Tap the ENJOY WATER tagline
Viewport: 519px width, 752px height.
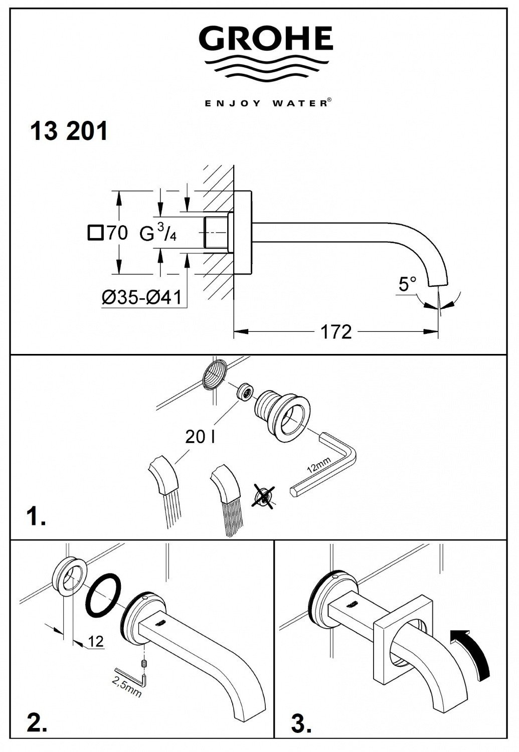(266, 103)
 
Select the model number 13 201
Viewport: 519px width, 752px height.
(69, 132)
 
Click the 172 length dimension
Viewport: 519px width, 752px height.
(336, 331)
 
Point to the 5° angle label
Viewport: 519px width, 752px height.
(407, 285)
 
